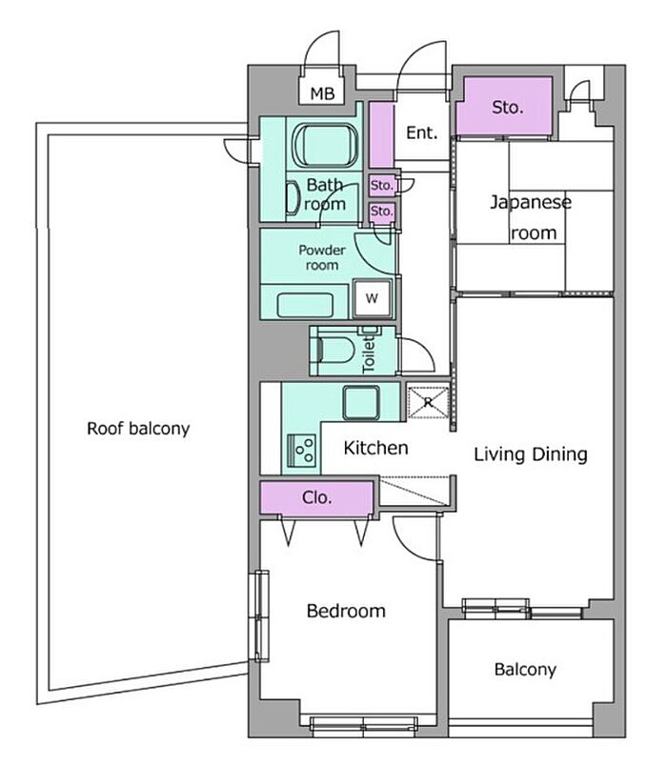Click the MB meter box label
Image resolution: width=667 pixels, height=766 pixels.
point(322,92)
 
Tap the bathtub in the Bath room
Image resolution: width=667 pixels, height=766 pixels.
point(325,145)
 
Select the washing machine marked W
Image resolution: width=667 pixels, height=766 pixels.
point(373,297)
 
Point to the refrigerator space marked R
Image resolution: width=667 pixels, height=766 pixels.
point(428,403)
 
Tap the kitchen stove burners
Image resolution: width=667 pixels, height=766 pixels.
point(302,450)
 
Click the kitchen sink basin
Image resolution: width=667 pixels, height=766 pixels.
point(361,403)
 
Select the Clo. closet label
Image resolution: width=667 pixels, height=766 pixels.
point(316,497)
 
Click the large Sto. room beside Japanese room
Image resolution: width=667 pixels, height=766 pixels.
point(508,107)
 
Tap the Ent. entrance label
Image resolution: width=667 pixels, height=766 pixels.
point(422,132)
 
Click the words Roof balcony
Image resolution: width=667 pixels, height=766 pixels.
point(138,429)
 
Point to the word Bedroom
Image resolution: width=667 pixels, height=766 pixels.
point(346,611)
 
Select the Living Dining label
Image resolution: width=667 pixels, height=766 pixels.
point(531,454)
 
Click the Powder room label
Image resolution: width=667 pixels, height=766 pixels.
point(322,257)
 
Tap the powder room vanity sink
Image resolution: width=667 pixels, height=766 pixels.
point(306,305)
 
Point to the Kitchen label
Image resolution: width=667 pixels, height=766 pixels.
point(375,448)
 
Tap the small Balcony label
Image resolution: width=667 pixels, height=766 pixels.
point(525,669)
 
